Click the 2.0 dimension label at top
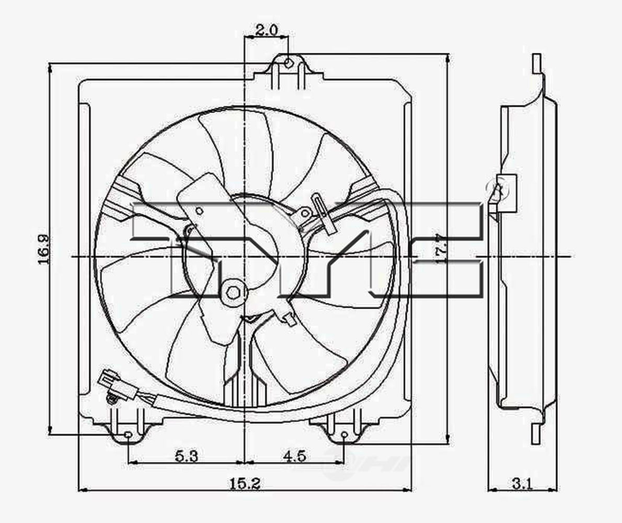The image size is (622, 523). pos(266,30)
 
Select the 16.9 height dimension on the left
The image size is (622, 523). pos(44,248)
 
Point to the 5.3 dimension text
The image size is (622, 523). pos(186,456)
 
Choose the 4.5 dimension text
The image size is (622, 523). pos(294,456)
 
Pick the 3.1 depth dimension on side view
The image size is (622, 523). pos(522,484)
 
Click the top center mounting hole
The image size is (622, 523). pos(289,63)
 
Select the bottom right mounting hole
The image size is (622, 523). pos(344,435)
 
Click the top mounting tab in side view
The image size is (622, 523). pos(537,64)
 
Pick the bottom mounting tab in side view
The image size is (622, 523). pos(537,433)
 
